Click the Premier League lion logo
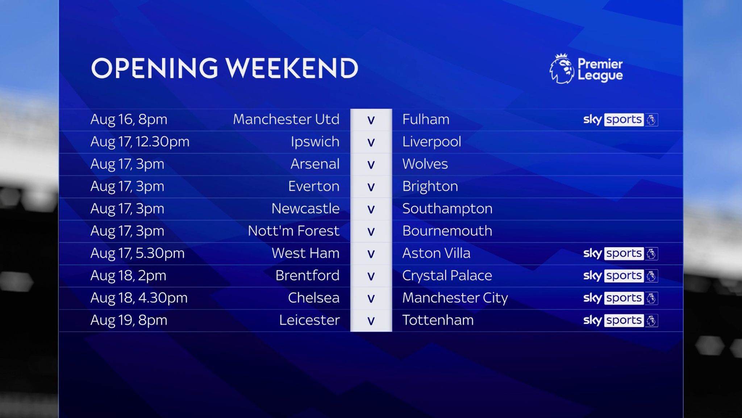coord(562,69)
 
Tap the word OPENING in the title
coord(154,68)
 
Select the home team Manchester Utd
coord(286,119)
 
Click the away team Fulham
coord(426,119)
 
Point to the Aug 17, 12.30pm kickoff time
coord(140,142)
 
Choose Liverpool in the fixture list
coord(432,142)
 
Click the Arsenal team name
coord(315,164)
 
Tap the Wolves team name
coord(425,164)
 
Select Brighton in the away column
coord(430,187)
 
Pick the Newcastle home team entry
coord(305,209)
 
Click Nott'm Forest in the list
coord(293,231)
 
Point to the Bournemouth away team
coord(447,231)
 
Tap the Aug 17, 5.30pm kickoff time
coord(138,253)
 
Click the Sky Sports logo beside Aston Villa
coord(620,253)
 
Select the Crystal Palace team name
coord(447,276)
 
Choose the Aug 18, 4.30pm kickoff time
coord(139,298)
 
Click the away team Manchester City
coord(455,298)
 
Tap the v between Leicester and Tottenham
coord(371,321)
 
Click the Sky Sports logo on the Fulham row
coord(620,119)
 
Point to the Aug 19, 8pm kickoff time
coord(129,320)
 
